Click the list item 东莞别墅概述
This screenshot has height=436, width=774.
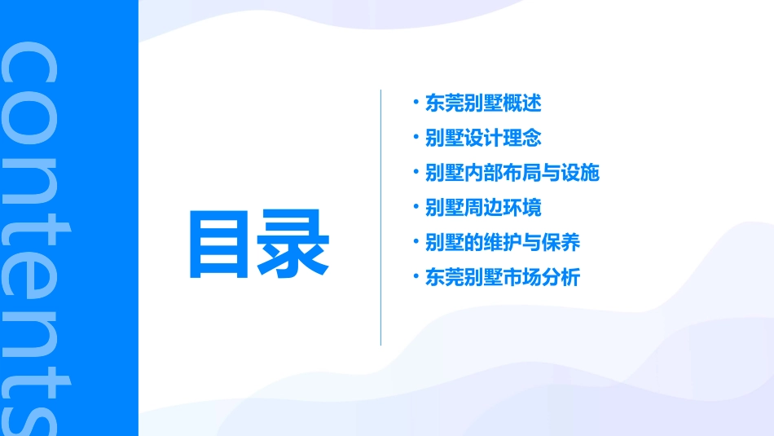coord(483,103)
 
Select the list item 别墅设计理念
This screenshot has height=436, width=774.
coord(483,138)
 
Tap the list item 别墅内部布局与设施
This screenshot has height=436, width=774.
coord(512,173)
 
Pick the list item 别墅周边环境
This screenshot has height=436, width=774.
coord(483,208)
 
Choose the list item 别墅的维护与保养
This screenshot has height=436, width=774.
coord(503,243)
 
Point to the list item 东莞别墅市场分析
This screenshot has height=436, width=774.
coord(503,277)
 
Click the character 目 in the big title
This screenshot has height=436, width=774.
coord(222,244)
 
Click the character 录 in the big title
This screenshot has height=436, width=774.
coord(294,244)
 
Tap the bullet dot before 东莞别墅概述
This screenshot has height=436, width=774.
coord(416,103)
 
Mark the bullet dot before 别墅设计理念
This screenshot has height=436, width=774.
coord(416,137)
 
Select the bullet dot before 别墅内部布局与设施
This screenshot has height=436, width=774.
coord(416,172)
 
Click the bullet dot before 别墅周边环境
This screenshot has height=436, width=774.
coord(416,207)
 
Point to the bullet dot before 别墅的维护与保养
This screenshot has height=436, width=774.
coord(416,242)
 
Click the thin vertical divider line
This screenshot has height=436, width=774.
coord(380,217)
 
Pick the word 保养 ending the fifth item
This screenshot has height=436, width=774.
coord(561,243)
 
